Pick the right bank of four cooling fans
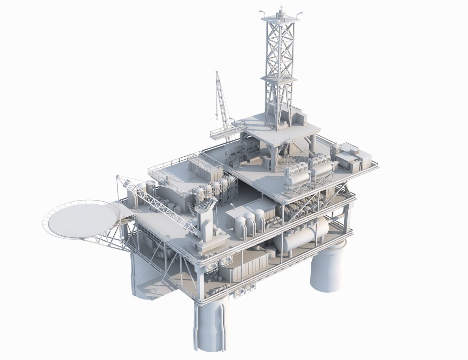322,164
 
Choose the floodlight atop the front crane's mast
126,184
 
